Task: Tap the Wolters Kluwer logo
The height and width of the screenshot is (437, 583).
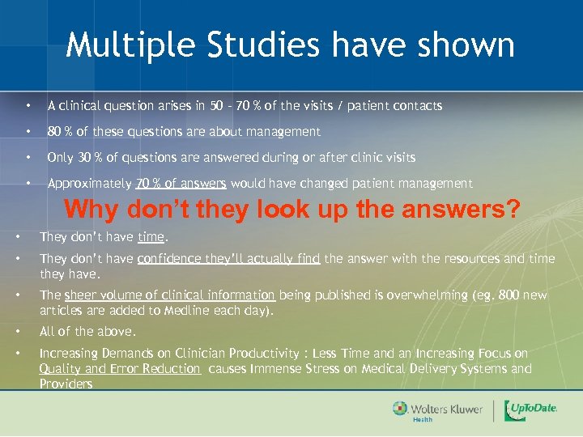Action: pyautogui.click(x=437, y=410)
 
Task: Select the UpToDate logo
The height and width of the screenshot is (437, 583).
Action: pyautogui.click(x=531, y=410)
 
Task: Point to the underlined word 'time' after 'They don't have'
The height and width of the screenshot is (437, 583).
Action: pyautogui.click(x=151, y=237)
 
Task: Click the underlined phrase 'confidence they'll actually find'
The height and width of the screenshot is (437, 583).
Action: pyautogui.click(x=230, y=259)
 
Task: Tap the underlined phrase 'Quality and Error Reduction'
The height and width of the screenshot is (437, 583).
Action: pyautogui.click(x=120, y=369)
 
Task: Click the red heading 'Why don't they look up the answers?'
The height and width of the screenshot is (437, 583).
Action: pyautogui.click(x=292, y=210)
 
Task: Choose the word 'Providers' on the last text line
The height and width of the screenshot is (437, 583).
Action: pyautogui.click(x=66, y=384)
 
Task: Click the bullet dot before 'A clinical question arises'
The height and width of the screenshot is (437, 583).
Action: pyautogui.click(x=28, y=106)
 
